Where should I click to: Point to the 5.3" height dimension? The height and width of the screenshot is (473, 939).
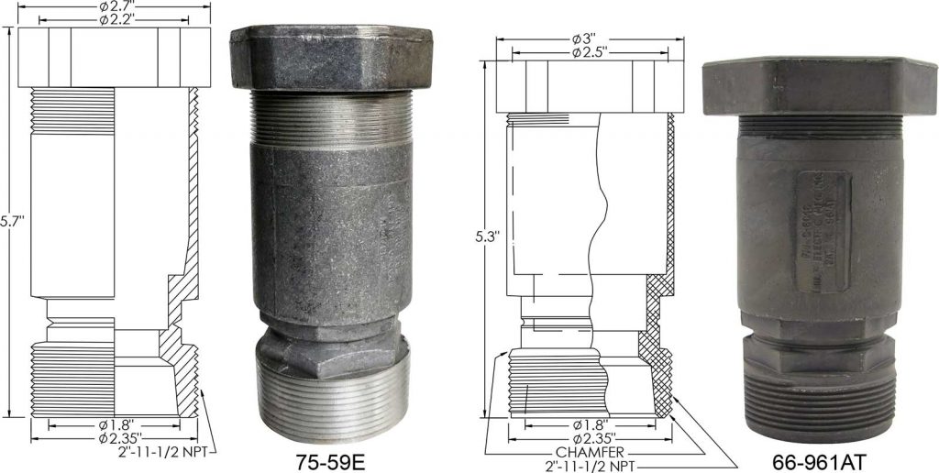486,236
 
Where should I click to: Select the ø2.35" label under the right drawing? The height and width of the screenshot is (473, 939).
591,437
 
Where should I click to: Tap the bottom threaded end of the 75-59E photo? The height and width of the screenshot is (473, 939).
331,403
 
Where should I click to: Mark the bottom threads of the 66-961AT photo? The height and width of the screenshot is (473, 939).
816,403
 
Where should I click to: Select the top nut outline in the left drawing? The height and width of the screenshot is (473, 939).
115,57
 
